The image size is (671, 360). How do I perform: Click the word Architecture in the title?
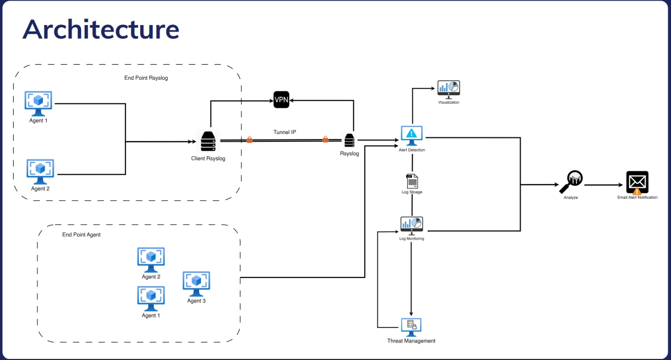pyautogui.click(x=100, y=29)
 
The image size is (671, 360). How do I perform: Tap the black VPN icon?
pyautogui.click(x=281, y=100)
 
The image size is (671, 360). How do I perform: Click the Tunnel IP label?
pyautogui.click(x=284, y=132)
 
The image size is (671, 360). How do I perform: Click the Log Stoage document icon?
pyautogui.click(x=412, y=181)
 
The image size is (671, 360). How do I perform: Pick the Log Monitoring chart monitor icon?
pyautogui.click(x=412, y=225)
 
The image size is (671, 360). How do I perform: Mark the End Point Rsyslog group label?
pyautogui.click(x=146, y=78)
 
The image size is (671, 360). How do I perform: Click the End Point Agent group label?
pyautogui.click(x=81, y=235)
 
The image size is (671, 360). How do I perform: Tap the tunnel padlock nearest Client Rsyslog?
pyautogui.click(x=250, y=140)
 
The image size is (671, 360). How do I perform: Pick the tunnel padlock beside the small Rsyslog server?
pyautogui.click(x=325, y=140)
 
